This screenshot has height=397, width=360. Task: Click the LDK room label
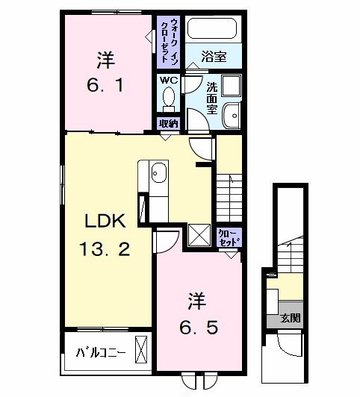point(108,221)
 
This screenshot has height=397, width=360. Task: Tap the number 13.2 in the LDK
point(106,248)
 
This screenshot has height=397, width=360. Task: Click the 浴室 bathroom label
point(214,55)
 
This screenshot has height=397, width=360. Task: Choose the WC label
point(168,79)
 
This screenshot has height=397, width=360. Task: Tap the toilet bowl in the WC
point(169,98)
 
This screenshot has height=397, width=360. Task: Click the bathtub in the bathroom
point(211,30)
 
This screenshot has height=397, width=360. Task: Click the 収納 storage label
point(168,124)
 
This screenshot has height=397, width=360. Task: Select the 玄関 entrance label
point(291,318)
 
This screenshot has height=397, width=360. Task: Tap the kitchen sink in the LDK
point(158,175)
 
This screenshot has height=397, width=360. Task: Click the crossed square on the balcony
point(141,348)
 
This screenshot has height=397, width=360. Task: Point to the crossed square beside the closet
point(200,236)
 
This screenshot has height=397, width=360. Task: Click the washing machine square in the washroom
point(230,84)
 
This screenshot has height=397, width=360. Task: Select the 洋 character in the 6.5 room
point(196,301)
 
